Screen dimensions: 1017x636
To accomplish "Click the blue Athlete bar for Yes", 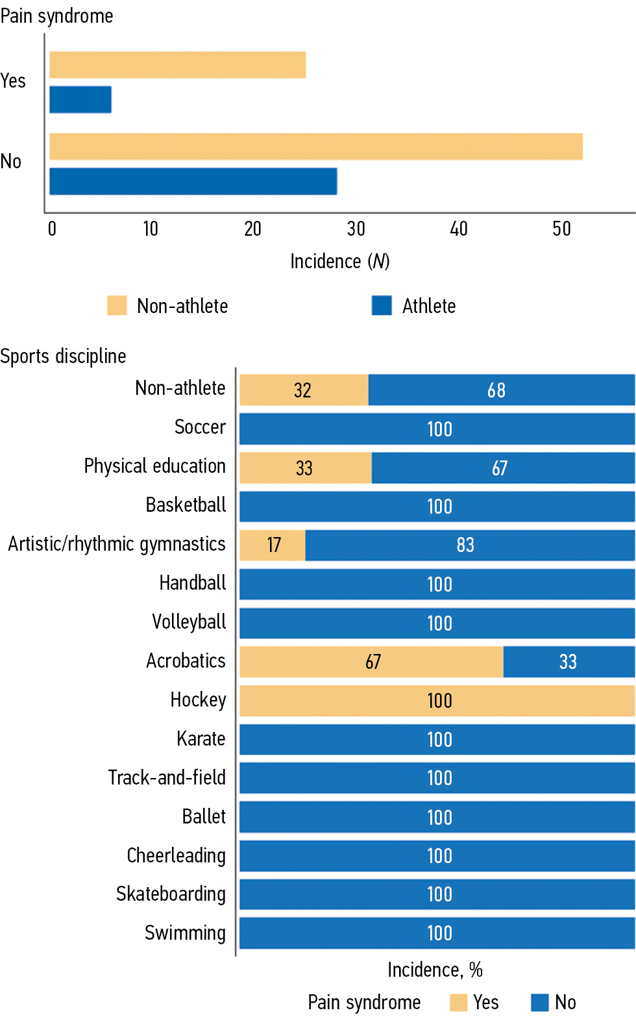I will (x=80, y=99).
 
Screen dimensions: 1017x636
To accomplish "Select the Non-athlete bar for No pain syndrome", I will (x=316, y=146).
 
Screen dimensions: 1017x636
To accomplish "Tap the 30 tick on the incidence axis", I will (x=356, y=229).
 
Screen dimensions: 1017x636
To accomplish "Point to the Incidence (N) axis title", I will (x=339, y=261).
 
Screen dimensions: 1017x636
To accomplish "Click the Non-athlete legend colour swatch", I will (x=117, y=305).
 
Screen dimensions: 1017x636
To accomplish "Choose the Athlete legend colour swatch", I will (x=382, y=305).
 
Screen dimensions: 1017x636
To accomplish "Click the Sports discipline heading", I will (x=63, y=356).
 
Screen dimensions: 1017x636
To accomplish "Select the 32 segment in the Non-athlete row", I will (x=304, y=390).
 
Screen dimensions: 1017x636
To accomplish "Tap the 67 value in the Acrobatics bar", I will (x=373, y=662).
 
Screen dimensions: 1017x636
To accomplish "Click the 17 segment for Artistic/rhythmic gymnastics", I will (x=273, y=545).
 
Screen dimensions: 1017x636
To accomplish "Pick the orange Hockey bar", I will (x=437, y=701).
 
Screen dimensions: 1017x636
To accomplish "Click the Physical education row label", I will (x=154, y=466).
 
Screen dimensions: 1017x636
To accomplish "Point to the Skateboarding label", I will (x=171, y=894).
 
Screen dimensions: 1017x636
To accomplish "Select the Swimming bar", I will (x=437, y=933).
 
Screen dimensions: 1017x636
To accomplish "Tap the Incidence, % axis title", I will (x=435, y=970).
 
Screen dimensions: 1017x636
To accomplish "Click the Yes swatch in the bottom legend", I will (x=458, y=1002).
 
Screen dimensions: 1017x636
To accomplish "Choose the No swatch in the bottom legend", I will (x=539, y=1002).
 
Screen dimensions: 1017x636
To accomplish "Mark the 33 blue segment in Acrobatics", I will (x=569, y=662).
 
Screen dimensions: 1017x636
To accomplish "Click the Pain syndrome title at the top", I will (x=56, y=16).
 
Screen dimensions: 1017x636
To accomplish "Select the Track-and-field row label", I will (x=167, y=777).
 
